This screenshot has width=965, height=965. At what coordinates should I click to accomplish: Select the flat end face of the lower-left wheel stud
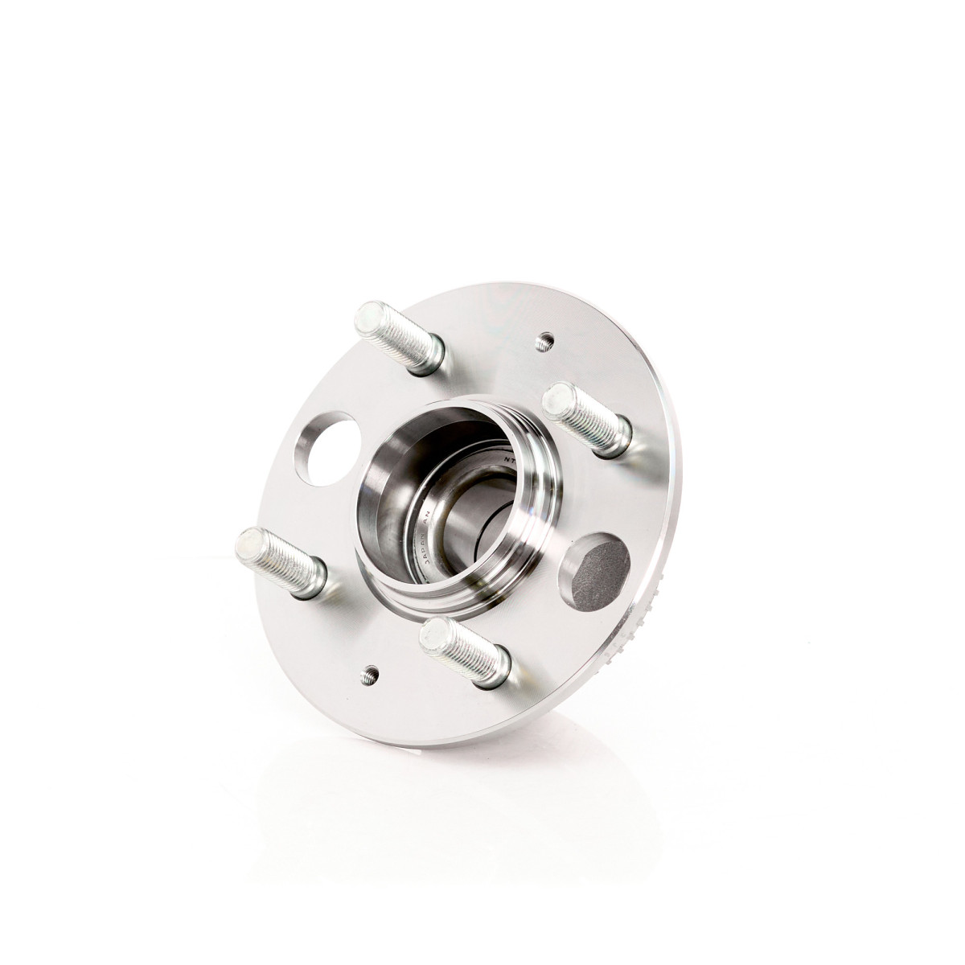(x=249, y=545)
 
